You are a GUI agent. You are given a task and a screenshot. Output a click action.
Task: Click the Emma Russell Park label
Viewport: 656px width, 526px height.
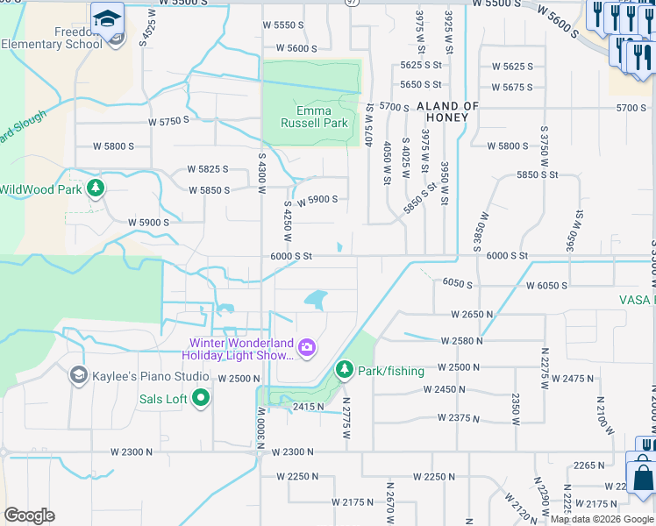(313, 117)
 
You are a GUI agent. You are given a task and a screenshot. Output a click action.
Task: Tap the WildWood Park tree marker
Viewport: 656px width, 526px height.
(96, 188)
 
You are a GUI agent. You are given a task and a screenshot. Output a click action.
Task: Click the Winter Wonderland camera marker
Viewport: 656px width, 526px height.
(306, 348)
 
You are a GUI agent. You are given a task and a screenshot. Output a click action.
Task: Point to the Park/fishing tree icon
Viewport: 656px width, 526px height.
(344, 371)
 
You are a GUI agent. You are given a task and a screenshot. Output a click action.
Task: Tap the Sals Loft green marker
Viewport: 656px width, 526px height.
(201, 399)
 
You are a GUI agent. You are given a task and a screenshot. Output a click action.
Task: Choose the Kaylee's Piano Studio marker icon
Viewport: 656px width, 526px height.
(78, 376)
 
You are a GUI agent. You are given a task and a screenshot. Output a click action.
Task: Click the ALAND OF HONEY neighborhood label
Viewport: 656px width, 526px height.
(448, 112)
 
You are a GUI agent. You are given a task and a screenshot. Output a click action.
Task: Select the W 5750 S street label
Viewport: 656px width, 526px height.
(169, 120)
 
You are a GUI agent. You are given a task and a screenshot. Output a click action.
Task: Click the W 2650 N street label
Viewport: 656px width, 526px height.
(472, 314)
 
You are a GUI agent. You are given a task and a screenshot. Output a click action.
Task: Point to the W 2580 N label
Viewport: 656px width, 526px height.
(462, 340)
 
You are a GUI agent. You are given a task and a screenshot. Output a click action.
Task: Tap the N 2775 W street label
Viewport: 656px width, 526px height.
(347, 413)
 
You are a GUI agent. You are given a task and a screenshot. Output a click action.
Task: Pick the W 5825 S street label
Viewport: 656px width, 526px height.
(208, 169)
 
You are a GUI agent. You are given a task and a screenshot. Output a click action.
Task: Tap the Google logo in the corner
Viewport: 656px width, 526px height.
(29, 515)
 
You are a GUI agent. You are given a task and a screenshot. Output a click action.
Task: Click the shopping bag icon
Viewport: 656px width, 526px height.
(643, 478)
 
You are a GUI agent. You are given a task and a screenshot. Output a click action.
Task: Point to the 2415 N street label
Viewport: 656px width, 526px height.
(309, 407)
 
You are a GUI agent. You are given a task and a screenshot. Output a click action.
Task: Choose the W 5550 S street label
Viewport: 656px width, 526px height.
(295, 25)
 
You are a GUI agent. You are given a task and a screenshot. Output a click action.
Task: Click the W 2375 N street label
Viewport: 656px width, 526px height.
(458, 418)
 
